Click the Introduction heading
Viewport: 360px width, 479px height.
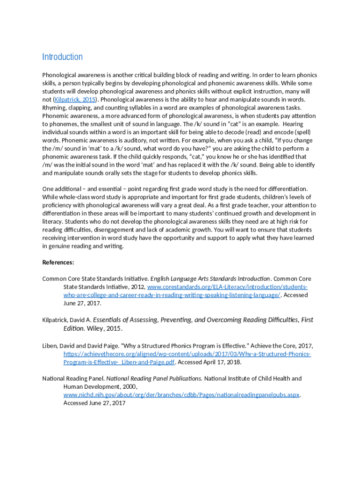pos(62,57)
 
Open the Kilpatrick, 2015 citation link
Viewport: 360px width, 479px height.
pos(75,100)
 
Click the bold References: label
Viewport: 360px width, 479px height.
pos(58,262)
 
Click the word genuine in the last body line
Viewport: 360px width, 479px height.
pos(61,246)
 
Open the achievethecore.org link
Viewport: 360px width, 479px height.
pos(187,354)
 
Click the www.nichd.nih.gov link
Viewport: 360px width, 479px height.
pos(181,395)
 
